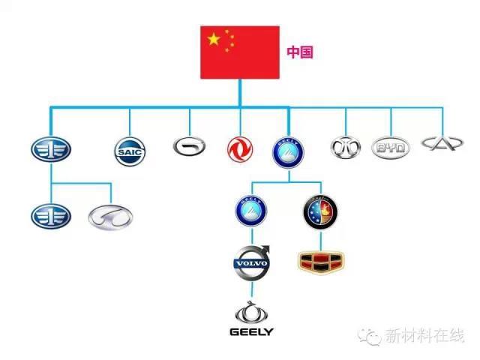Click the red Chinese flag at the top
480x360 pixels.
(240, 52)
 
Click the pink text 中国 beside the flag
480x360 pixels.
(299, 52)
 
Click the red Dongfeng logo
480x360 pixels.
(240, 149)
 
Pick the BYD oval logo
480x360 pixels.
(391, 148)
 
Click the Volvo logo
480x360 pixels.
(252, 262)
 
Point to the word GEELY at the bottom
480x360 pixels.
(251, 331)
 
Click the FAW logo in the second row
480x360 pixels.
(50, 215)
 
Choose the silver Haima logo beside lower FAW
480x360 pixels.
(110, 215)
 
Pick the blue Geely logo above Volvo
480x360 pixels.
(252, 211)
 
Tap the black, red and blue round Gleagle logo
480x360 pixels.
(320, 211)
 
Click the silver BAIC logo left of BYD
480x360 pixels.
(346, 147)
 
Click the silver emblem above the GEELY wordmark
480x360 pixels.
(251, 312)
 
